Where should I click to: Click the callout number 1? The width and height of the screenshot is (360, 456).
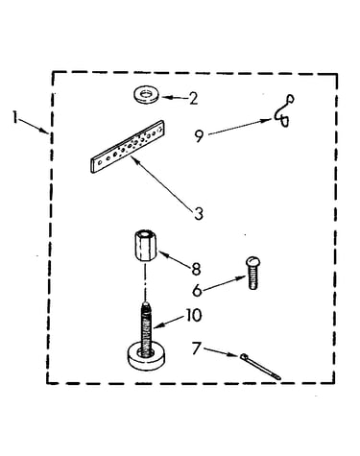click(14, 116)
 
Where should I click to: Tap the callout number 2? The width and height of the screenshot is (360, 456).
click(193, 98)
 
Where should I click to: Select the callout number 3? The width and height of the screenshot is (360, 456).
click(199, 214)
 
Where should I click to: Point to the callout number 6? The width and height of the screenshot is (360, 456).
click(197, 290)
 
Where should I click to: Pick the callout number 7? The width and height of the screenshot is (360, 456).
click(196, 348)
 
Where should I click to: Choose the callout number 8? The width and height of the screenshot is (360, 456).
click(196, 269)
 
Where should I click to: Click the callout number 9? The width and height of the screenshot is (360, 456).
click(199, 136)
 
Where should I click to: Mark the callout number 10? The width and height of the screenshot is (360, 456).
click(194, 315)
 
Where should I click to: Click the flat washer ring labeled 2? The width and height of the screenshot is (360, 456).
click(146, 94)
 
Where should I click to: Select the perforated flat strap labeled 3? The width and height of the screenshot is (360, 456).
click(128, 147)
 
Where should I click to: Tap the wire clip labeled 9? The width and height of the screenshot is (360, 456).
click(284, 111)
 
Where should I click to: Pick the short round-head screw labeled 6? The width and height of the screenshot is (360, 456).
click(253, 273)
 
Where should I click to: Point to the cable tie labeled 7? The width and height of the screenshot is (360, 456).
click(260, 367)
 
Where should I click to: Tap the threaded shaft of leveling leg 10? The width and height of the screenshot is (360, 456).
click(146, 326)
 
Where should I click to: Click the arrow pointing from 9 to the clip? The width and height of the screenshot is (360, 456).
click(241, 127)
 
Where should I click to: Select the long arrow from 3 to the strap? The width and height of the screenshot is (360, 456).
click(161, 181)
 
